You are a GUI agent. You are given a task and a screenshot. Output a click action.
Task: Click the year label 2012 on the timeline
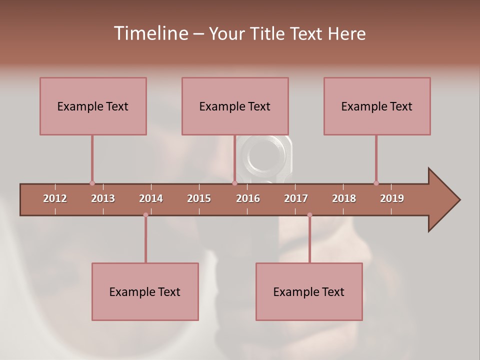[55, 198]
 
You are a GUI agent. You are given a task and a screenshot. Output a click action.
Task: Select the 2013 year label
[103, 198]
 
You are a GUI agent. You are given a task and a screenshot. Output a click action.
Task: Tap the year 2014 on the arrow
[151, 198]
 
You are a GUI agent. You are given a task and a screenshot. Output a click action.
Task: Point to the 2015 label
[199, 198]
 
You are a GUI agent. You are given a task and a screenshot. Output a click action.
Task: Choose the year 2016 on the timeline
[248, 198]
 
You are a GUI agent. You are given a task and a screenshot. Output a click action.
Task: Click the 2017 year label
[296, 198]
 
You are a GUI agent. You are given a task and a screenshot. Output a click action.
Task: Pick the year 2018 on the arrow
[344, 198]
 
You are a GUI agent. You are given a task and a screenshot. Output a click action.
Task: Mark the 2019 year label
[392, 198]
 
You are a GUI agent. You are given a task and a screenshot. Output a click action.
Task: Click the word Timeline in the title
[150, 33]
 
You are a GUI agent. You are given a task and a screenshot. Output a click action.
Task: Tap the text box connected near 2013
[93, 106]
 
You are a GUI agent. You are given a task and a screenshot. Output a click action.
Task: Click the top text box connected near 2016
[235, 106]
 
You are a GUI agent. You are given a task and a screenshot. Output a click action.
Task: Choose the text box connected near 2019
[377, 106]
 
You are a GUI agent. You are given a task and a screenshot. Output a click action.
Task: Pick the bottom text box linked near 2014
[145, 291]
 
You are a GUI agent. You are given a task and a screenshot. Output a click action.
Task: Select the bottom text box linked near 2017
[309, 291]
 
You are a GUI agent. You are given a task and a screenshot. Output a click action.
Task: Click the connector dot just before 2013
[92, 183]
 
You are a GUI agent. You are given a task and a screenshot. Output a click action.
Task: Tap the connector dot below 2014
[145, 215]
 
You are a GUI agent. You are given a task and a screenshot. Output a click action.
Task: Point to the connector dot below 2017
[309, 215]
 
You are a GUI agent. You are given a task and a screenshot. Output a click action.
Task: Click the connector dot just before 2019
[376, 183]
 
